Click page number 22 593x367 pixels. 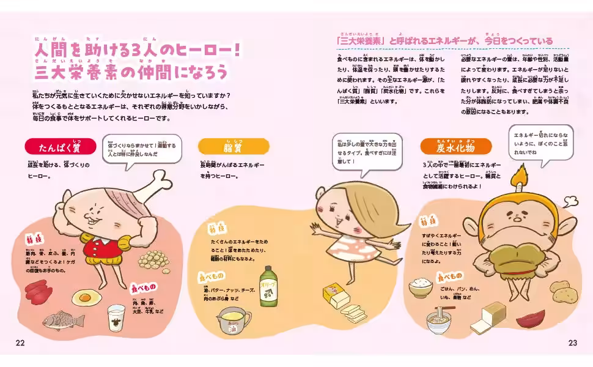coord(20,343)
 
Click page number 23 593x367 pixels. coord(572,343)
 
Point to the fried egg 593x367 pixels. coord(86,297)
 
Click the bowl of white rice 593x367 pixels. coord(421,286)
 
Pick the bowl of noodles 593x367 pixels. coord(438,320)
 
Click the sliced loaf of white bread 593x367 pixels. coord(489,316)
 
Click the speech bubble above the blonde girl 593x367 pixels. coord(367,151)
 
